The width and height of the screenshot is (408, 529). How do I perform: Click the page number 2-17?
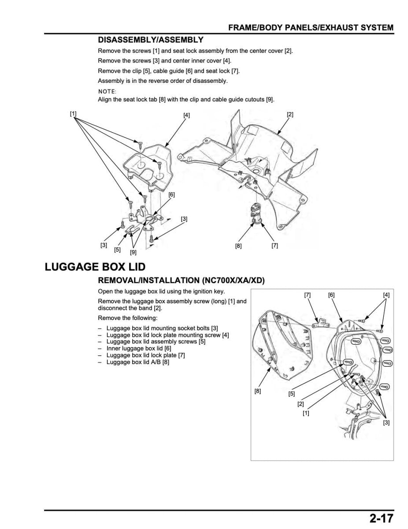point(378,518)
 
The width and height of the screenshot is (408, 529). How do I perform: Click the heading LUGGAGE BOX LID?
point(95,267)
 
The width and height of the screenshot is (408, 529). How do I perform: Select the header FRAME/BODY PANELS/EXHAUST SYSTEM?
point(311,28)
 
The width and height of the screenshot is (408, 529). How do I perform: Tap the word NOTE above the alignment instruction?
point(107,91)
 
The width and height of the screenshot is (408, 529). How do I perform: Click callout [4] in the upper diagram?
point(187,115)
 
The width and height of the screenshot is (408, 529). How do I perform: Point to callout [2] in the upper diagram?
point(290,114)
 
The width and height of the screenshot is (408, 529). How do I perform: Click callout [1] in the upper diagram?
point(73,113)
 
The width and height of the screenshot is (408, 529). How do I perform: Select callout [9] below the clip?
point(133,253)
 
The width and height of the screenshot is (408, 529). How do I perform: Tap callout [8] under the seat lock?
point(238,246)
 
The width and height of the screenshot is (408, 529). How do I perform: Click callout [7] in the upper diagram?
point(274,246)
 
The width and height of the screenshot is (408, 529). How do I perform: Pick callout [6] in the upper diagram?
point(172,194)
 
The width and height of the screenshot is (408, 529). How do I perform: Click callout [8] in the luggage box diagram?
point(258,391)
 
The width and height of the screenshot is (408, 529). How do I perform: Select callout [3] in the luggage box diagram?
point(386,423)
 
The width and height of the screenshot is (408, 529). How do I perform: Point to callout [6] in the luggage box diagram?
point(331,295)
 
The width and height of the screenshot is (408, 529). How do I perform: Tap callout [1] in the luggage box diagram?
point(306,413)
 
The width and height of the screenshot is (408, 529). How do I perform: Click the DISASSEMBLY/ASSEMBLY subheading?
point(151,40)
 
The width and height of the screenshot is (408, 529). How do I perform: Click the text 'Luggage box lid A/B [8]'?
point(137,362)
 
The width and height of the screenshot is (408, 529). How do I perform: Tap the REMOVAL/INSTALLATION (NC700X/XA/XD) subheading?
point(181,280)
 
